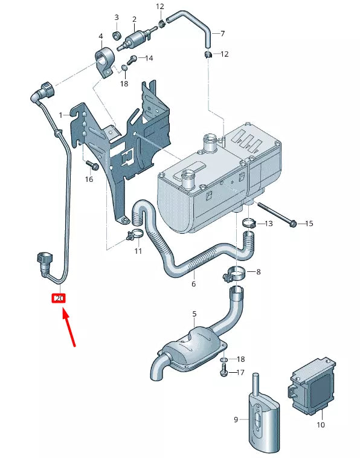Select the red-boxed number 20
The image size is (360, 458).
59,298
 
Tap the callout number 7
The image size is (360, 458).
222,33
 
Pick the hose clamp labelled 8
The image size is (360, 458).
235,274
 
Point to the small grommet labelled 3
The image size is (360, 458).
117,32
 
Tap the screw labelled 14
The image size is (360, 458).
133,59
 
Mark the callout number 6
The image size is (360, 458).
194,283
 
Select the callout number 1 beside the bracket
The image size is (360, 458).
61,115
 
